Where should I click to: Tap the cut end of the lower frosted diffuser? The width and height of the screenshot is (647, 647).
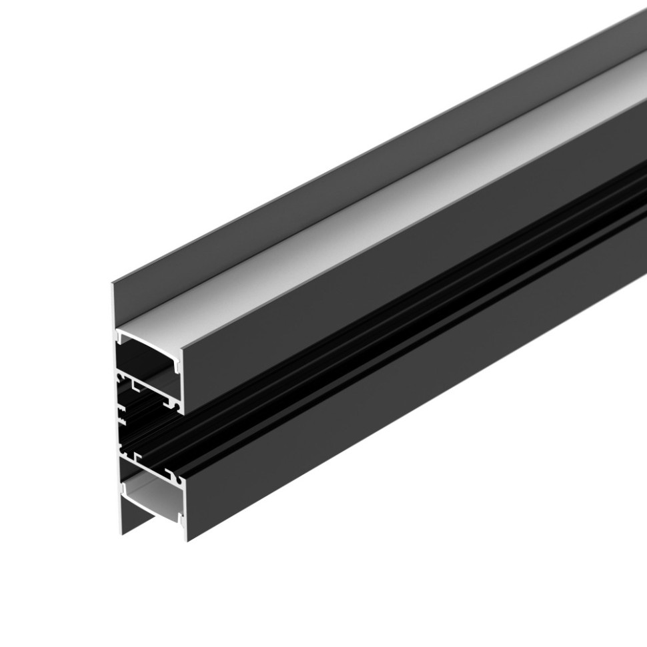click(x=152, y=494)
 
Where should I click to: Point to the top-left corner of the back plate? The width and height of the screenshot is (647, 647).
click(x=113, y=284)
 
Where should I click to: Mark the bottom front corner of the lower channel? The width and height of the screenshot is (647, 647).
click(x=186, y=540)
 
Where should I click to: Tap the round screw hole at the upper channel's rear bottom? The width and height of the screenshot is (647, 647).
click(x=123, y=380)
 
